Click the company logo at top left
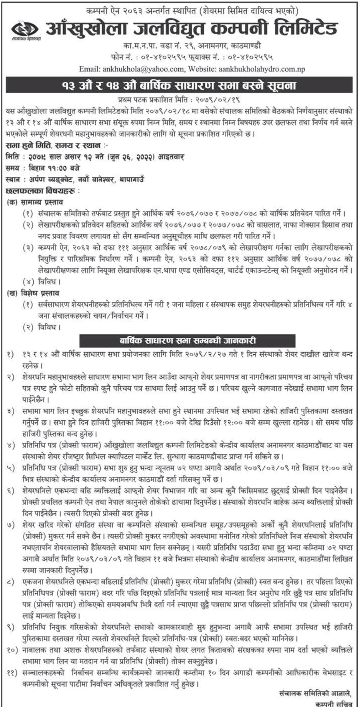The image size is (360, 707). tap(25, 29)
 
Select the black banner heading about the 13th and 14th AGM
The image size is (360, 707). tap(180, 85)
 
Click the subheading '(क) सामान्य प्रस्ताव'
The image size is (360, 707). tap(35, 202)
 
